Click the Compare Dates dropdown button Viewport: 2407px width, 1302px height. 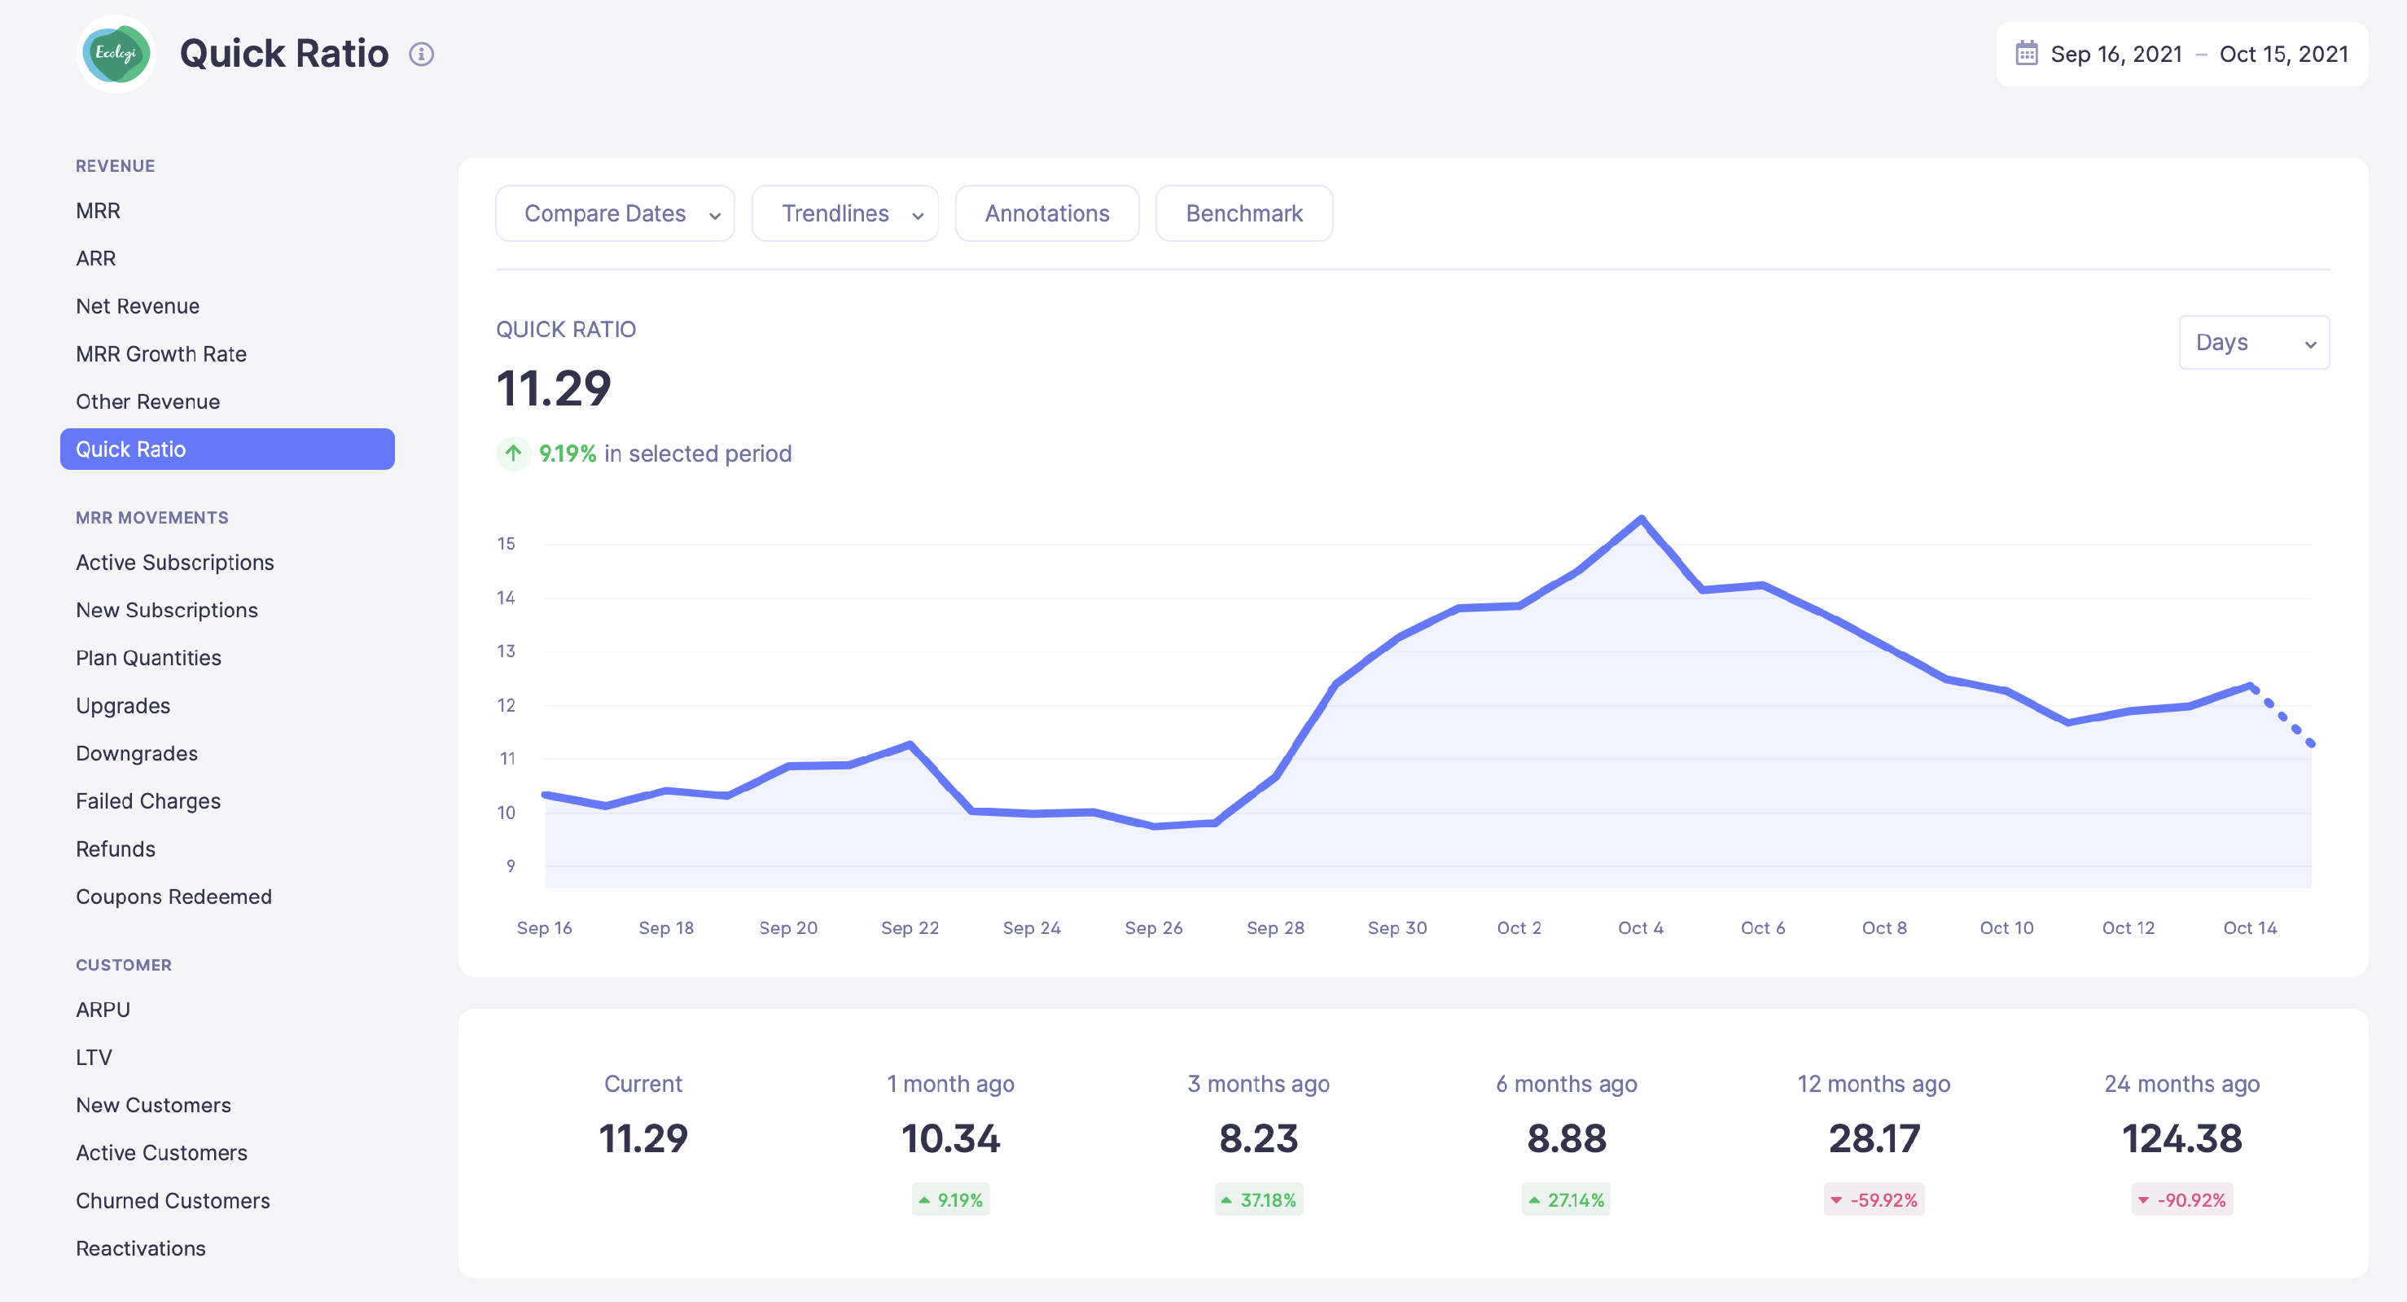(614, 214)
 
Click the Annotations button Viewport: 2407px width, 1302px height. (1046, 214)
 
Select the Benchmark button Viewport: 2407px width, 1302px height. (1243, 214)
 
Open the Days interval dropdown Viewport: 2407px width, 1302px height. (2253, 343)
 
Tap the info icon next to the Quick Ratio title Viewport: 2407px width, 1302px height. (422, 55)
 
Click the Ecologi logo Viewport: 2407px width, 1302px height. (116, 53)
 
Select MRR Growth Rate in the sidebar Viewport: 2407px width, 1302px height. (160, 354)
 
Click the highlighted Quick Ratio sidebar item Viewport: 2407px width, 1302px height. (227, 449)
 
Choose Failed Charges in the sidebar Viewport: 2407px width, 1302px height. (147, 801)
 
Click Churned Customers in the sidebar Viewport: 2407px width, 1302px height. (172, 1200)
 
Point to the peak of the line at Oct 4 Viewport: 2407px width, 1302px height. (1641, 519)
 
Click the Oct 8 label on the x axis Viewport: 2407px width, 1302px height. (1883, 928)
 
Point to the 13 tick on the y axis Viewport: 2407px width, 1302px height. (506, 651)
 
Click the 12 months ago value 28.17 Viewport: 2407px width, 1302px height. (1874, 1138)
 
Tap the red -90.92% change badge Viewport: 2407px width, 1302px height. (2181, 1200)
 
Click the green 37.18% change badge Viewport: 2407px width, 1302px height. (1258, 1200)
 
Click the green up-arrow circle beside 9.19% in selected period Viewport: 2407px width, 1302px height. (513, 454)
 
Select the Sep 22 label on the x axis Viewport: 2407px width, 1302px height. (910, 928)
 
